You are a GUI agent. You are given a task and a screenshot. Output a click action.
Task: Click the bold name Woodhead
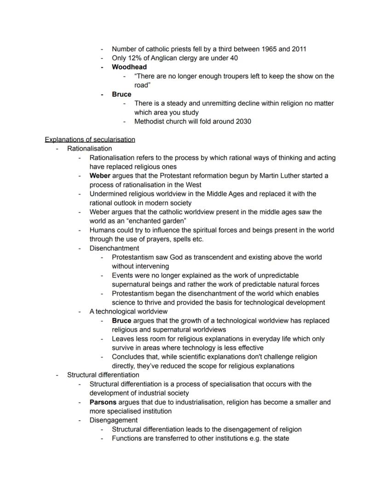pos(129,67)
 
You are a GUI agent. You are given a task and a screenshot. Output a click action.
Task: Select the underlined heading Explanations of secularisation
pos(90,139)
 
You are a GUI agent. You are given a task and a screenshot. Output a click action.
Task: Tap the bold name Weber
pos(100,176)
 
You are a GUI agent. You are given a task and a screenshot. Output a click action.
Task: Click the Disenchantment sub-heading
pos(114,249)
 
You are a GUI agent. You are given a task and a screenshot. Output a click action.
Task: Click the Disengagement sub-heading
pos(113,420)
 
